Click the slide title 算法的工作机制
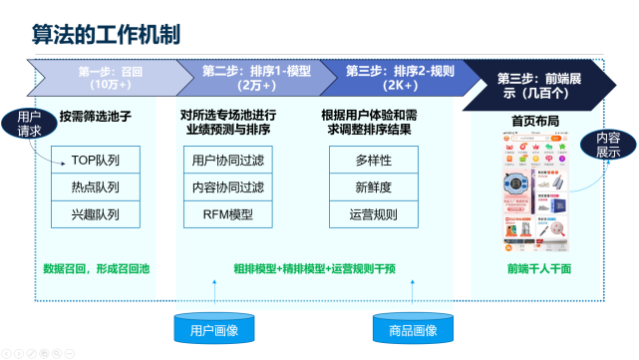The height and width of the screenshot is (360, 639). click(101, 35)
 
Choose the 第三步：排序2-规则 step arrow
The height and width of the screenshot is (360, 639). click(399, 78)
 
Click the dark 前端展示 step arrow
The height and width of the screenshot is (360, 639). click(543, 78)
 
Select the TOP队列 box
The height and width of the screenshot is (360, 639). click(96, 160)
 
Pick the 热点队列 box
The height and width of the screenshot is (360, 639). click(96, 186)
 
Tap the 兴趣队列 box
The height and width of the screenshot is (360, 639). click(96, 213)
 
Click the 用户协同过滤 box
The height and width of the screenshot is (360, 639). click(228, 160)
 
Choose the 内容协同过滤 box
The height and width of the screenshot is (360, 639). click(228, 186)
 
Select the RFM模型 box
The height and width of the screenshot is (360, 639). click(228, 213)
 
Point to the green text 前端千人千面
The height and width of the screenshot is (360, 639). click(539, 267)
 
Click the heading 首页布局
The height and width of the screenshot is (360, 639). click(537, 120)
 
